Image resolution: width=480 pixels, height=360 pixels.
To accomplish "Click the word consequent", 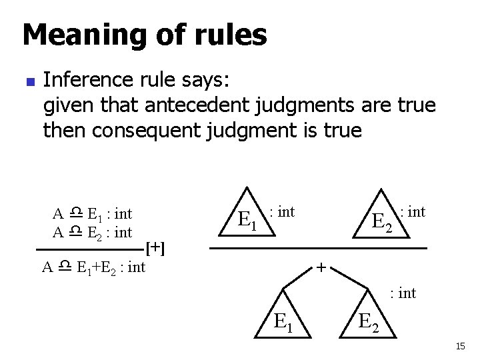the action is pyautogui.click(x=156, y=130).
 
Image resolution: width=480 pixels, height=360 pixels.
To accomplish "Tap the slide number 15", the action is pyautogui.click(x=460, y=346).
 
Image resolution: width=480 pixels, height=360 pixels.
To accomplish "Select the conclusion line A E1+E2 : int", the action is pyautogui.click(x=93, y=268).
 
